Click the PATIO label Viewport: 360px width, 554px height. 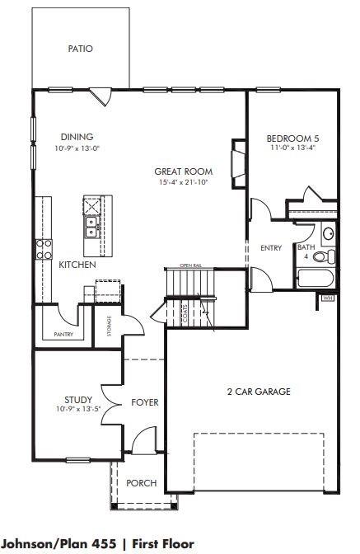coord(80,49)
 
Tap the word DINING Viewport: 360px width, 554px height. coord(77,137)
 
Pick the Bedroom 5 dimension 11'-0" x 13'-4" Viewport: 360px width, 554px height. coord(293,148)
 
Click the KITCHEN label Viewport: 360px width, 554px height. coord(77,265)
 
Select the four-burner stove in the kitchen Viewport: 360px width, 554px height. coord(44,249)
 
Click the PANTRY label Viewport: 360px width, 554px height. coord(63,334)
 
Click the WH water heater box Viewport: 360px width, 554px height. coord(328,298)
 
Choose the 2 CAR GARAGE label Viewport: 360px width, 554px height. coord(259,392)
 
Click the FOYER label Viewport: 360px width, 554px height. coord(145,403)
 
